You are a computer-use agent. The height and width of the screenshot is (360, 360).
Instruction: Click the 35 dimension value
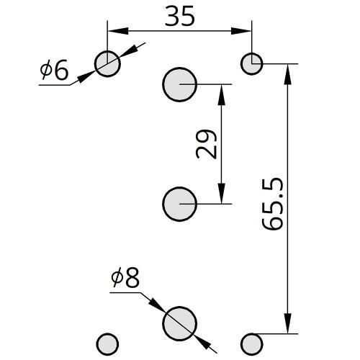coord(179,16)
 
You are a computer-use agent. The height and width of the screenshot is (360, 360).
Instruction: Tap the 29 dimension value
coord(207,144)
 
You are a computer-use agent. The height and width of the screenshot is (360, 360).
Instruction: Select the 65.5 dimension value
coord(272,204)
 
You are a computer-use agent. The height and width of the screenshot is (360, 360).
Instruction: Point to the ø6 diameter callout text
coord(55,70)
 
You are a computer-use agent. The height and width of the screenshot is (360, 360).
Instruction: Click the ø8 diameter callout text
coord(125,277)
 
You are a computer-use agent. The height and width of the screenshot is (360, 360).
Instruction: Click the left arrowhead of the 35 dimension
coord(117,31)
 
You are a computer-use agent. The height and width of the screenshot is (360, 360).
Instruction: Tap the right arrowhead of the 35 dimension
coord(241,31)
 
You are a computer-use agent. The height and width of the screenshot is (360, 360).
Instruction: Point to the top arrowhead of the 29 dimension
coord(221,95)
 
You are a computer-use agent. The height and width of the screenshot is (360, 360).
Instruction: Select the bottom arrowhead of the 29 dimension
coord(221,194)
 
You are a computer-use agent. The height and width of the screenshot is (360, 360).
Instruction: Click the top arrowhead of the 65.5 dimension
coord(288,74)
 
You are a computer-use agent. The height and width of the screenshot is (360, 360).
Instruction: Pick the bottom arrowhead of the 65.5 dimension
coord(288,323)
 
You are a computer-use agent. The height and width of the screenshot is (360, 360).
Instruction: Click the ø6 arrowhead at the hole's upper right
coord(128,52)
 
